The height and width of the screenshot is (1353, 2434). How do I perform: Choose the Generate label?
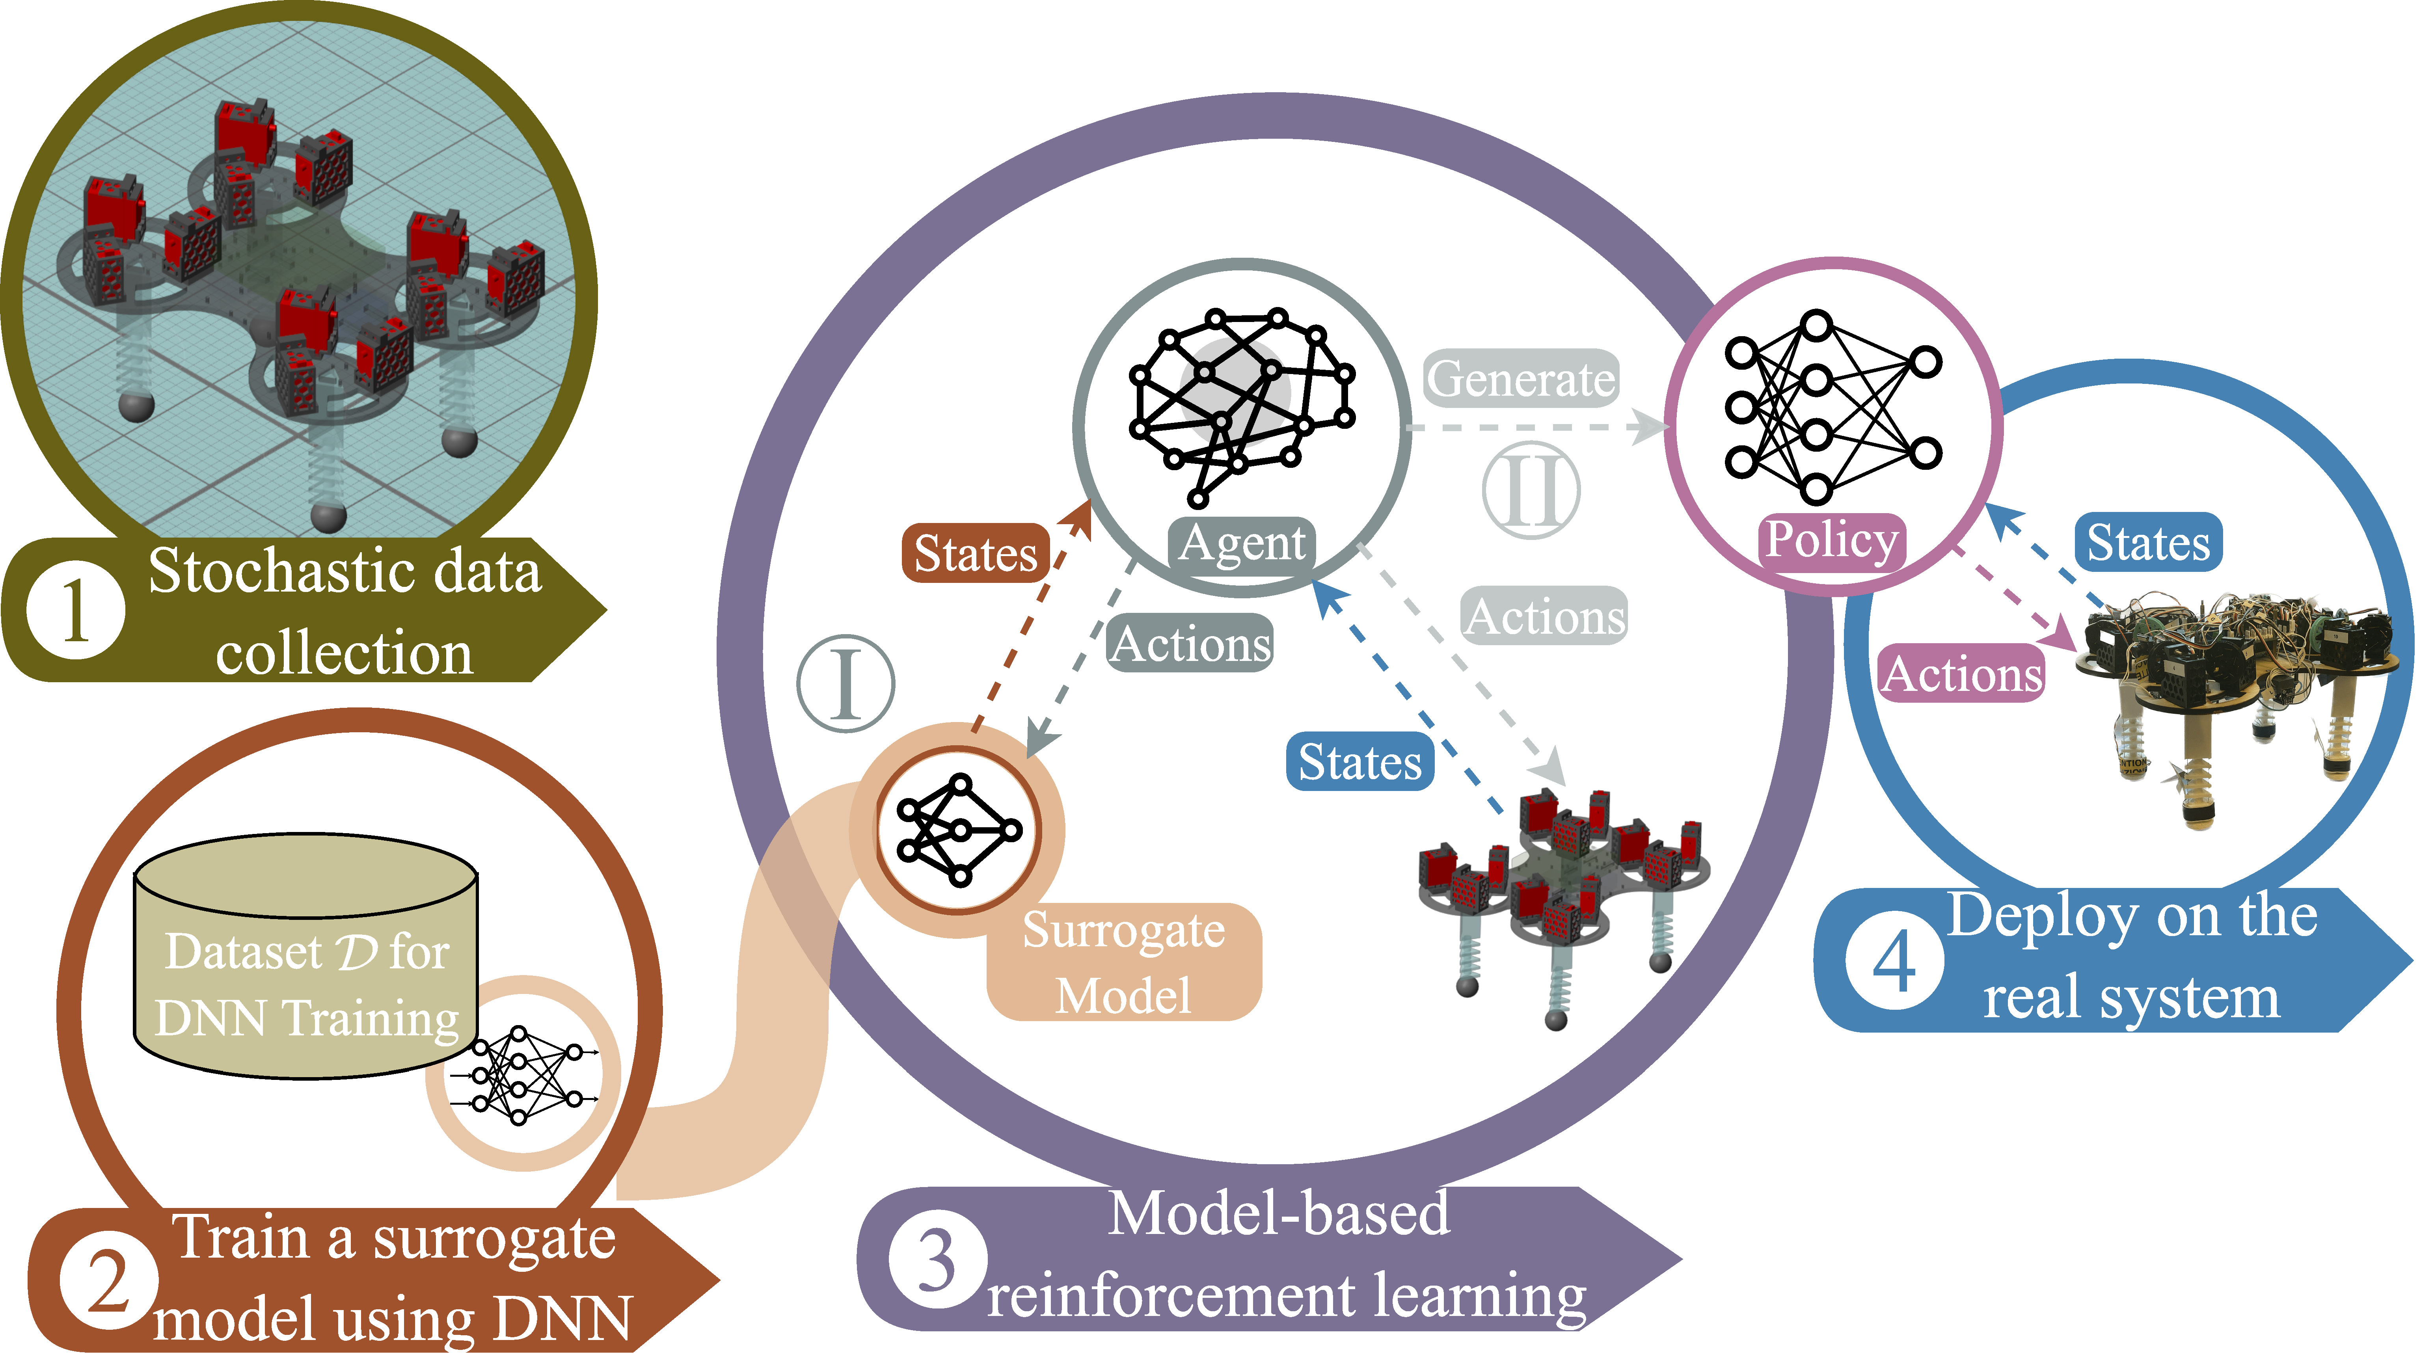[1520, 379]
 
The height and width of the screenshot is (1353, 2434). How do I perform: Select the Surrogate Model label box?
[1123, 962]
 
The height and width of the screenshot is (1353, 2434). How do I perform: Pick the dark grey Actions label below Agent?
[1190, 644]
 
